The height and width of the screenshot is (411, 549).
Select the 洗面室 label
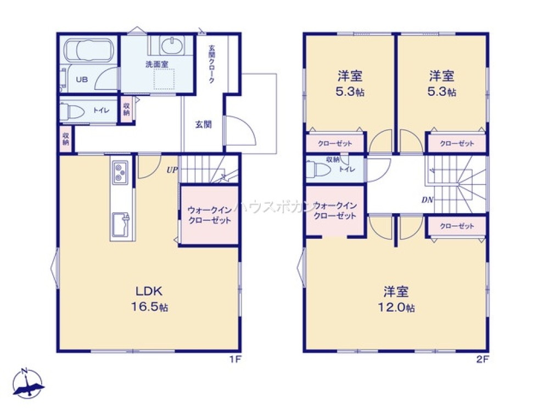156,65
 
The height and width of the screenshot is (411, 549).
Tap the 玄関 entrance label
203,124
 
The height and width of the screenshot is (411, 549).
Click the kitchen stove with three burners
120,173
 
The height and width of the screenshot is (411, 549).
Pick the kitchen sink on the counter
121,224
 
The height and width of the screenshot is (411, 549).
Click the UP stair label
172,170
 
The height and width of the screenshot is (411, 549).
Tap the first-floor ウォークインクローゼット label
209,215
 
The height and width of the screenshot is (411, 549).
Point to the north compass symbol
27,382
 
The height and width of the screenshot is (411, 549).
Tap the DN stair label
427,200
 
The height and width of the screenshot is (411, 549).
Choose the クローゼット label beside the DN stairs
457,226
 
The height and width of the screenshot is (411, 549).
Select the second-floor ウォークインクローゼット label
335,210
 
